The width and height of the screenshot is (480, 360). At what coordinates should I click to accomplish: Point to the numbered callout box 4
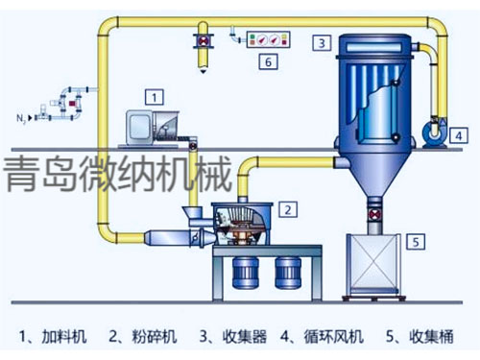[x=460, y=135]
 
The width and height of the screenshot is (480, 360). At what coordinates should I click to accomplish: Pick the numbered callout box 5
[x=414, y=241]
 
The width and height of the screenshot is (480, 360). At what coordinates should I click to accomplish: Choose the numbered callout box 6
[x=270, y=62]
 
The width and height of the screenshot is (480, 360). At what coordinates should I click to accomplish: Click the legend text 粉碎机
[x=157, y=336]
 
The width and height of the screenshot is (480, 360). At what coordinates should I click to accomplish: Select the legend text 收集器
[x=245, y=336]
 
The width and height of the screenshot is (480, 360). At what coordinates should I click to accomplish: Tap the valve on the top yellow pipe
[x=204, y=40]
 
